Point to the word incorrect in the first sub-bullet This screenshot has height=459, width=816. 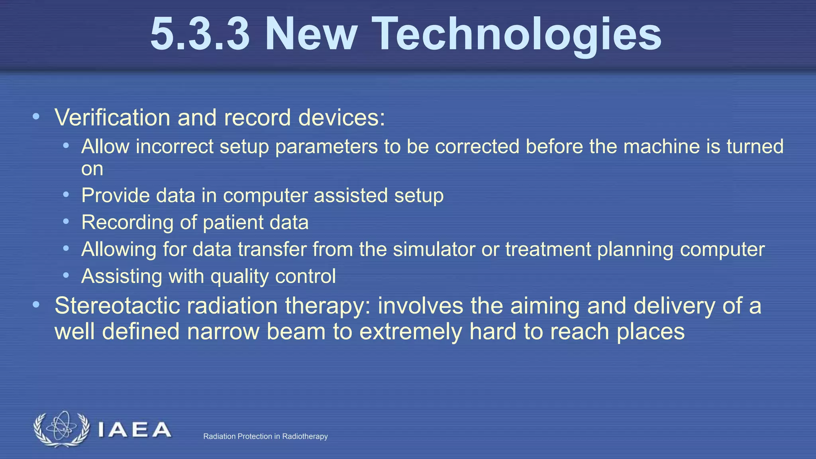[175, 146]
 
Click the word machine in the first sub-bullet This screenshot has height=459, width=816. [661, 146]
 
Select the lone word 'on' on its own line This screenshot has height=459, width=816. [92, 169]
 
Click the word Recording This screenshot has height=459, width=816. [127, 223]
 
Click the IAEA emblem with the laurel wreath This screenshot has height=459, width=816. [61, 429]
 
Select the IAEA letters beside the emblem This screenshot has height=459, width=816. [134, 430]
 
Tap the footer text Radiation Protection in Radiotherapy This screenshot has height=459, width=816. [265, 436]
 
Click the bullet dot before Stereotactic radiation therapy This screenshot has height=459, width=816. [36, 305]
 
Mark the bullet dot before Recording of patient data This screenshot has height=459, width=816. [66, 222]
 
